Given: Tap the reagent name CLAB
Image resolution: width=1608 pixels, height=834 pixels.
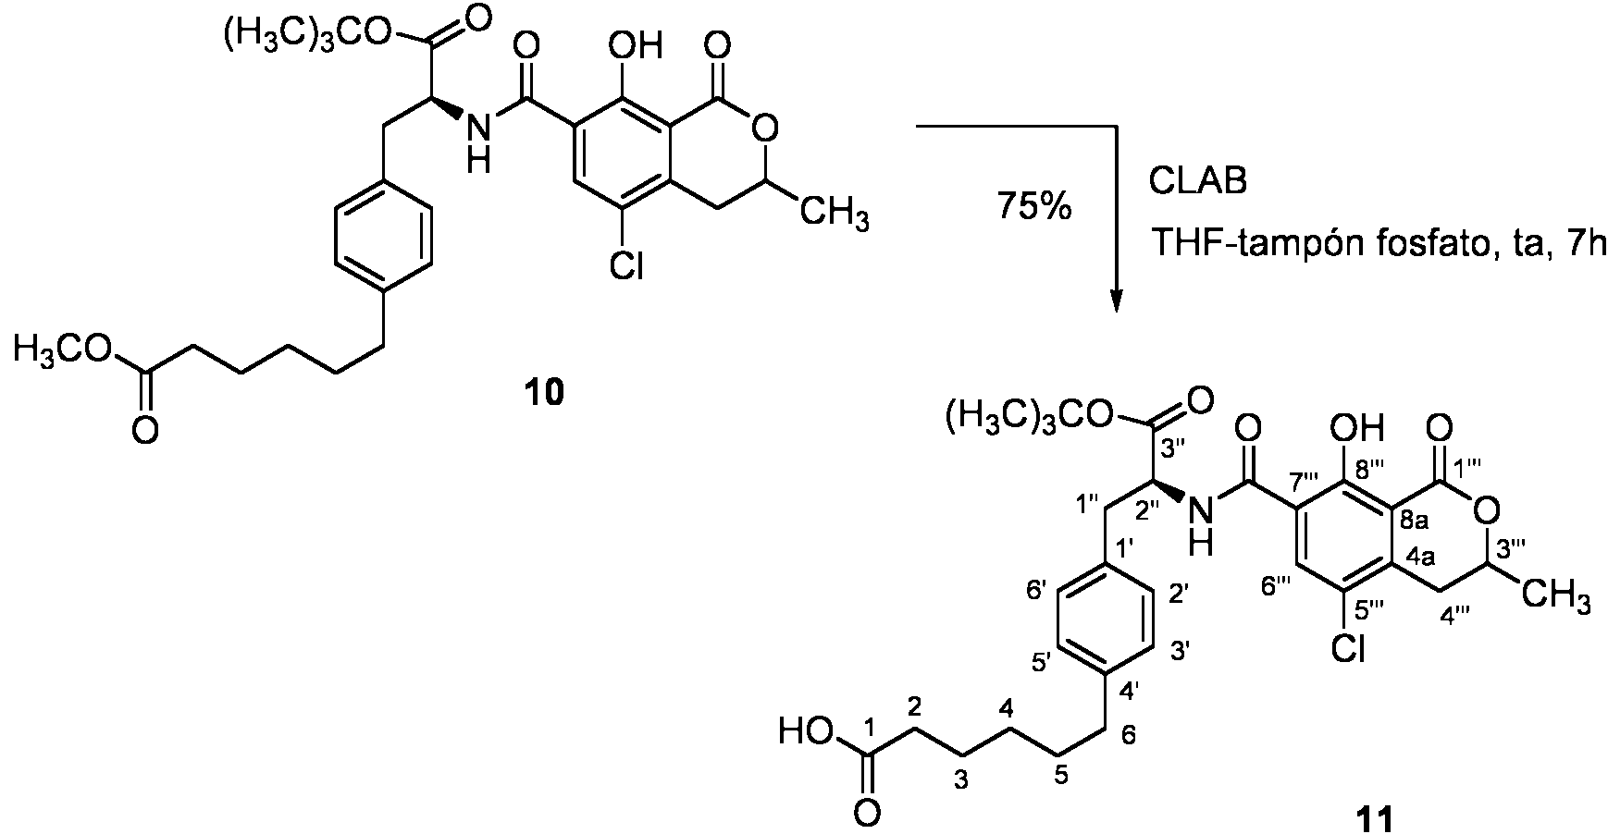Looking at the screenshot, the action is coord(1197,180).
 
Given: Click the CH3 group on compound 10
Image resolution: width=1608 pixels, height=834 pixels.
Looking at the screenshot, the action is coord(835,215).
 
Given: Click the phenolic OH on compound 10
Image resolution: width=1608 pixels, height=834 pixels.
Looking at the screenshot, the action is coord(637,44).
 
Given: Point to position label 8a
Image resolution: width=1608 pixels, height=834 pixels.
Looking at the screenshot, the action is coord(1418,522).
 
